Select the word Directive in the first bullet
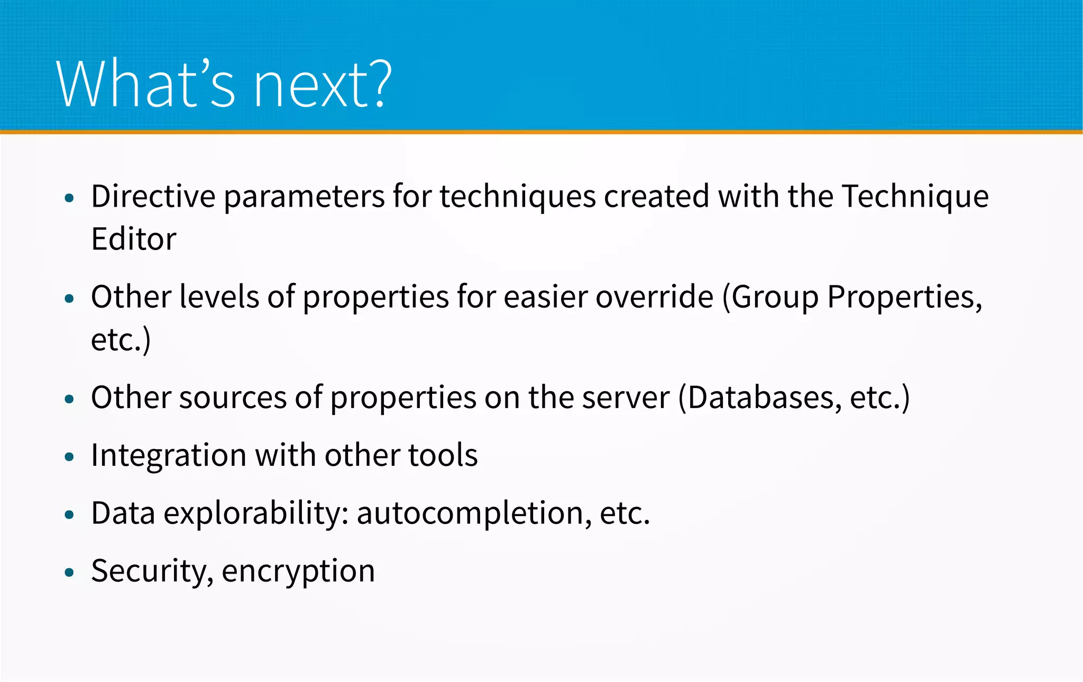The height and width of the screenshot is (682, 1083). tap(153, 197)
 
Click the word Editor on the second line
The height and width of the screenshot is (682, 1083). tap(133, 239)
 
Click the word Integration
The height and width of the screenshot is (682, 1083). tap(169, 456)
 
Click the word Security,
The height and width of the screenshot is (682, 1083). tap(152, 572)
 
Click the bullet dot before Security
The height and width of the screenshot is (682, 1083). tap(69, 573)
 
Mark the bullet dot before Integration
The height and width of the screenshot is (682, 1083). tap(69, 457)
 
